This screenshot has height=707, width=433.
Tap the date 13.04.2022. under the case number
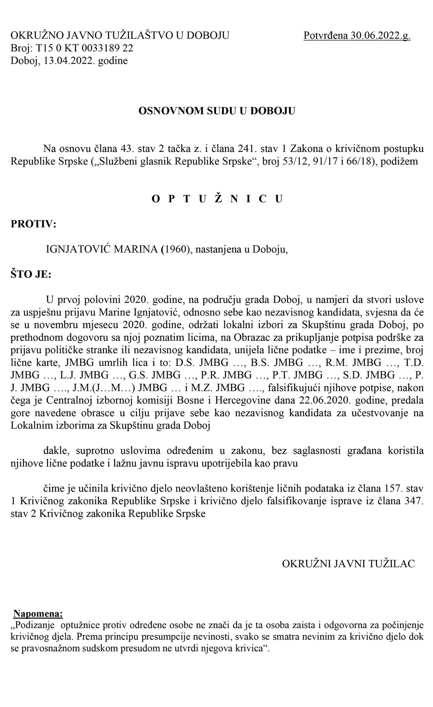[x=69, y=61]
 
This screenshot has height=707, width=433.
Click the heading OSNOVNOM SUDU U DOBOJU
[x=216, y=111]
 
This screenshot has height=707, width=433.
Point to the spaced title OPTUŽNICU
[x=217, y=199]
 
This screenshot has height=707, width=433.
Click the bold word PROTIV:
[x=33, y=224]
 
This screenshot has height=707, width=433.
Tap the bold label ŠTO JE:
[x=31, y=275]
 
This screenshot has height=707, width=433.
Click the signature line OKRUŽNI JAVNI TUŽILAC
[x=348, y=564]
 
